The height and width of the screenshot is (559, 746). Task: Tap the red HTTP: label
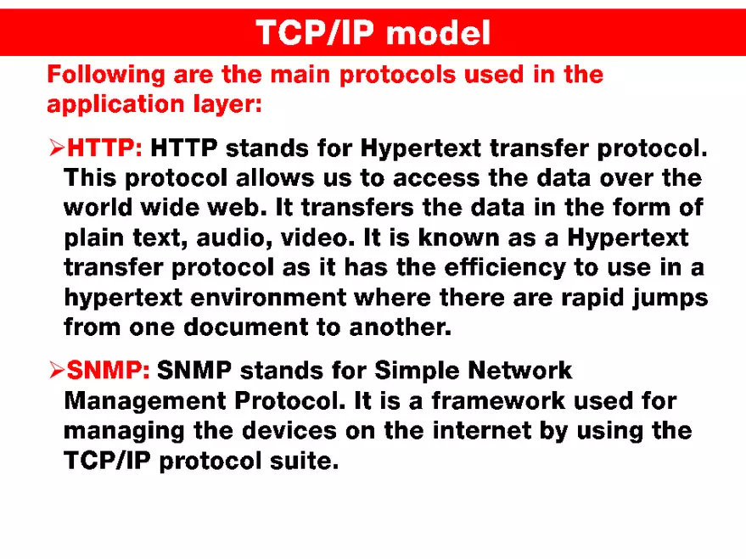tap(104, 148)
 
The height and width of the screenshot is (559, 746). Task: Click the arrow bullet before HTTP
tap(56, 149)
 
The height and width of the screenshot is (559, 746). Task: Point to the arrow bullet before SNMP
tap(56, 371)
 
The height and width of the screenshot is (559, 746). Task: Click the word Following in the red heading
tap(106, 75)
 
